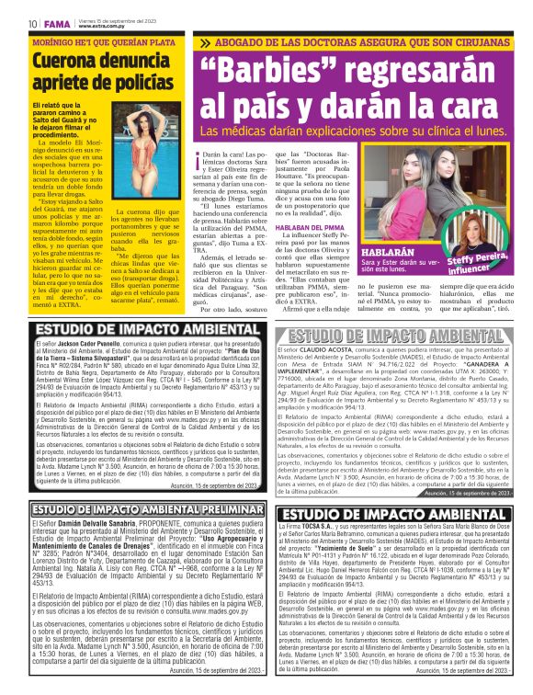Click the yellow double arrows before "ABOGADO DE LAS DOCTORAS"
(206, 42)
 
